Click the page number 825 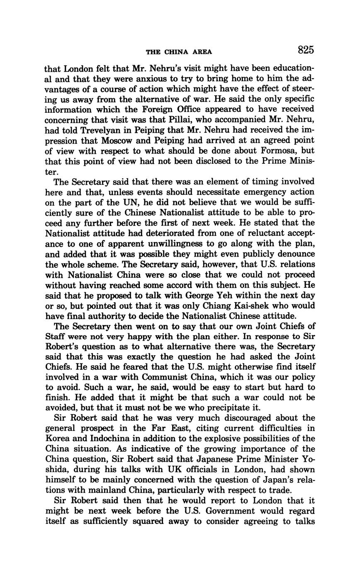(x=306, y=51)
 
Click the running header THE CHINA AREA (x=179, y=52)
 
